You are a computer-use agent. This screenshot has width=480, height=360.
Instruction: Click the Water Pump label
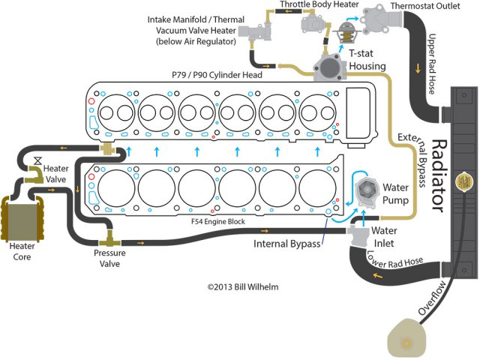(395, 192)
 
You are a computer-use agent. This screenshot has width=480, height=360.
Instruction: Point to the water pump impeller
(365, 191)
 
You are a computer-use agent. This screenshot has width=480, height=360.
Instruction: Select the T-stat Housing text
(367, 60)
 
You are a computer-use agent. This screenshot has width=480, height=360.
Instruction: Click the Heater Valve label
(56, 173)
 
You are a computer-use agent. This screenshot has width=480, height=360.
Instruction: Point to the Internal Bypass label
(287, 244)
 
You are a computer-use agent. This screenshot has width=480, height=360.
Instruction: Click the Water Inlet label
(385, 236)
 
